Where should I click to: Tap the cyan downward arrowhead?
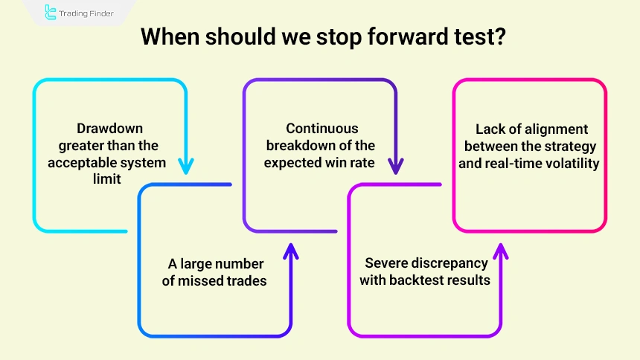pos(185,164)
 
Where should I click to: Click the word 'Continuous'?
pos(322,128)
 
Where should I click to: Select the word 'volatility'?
pos(571,164)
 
